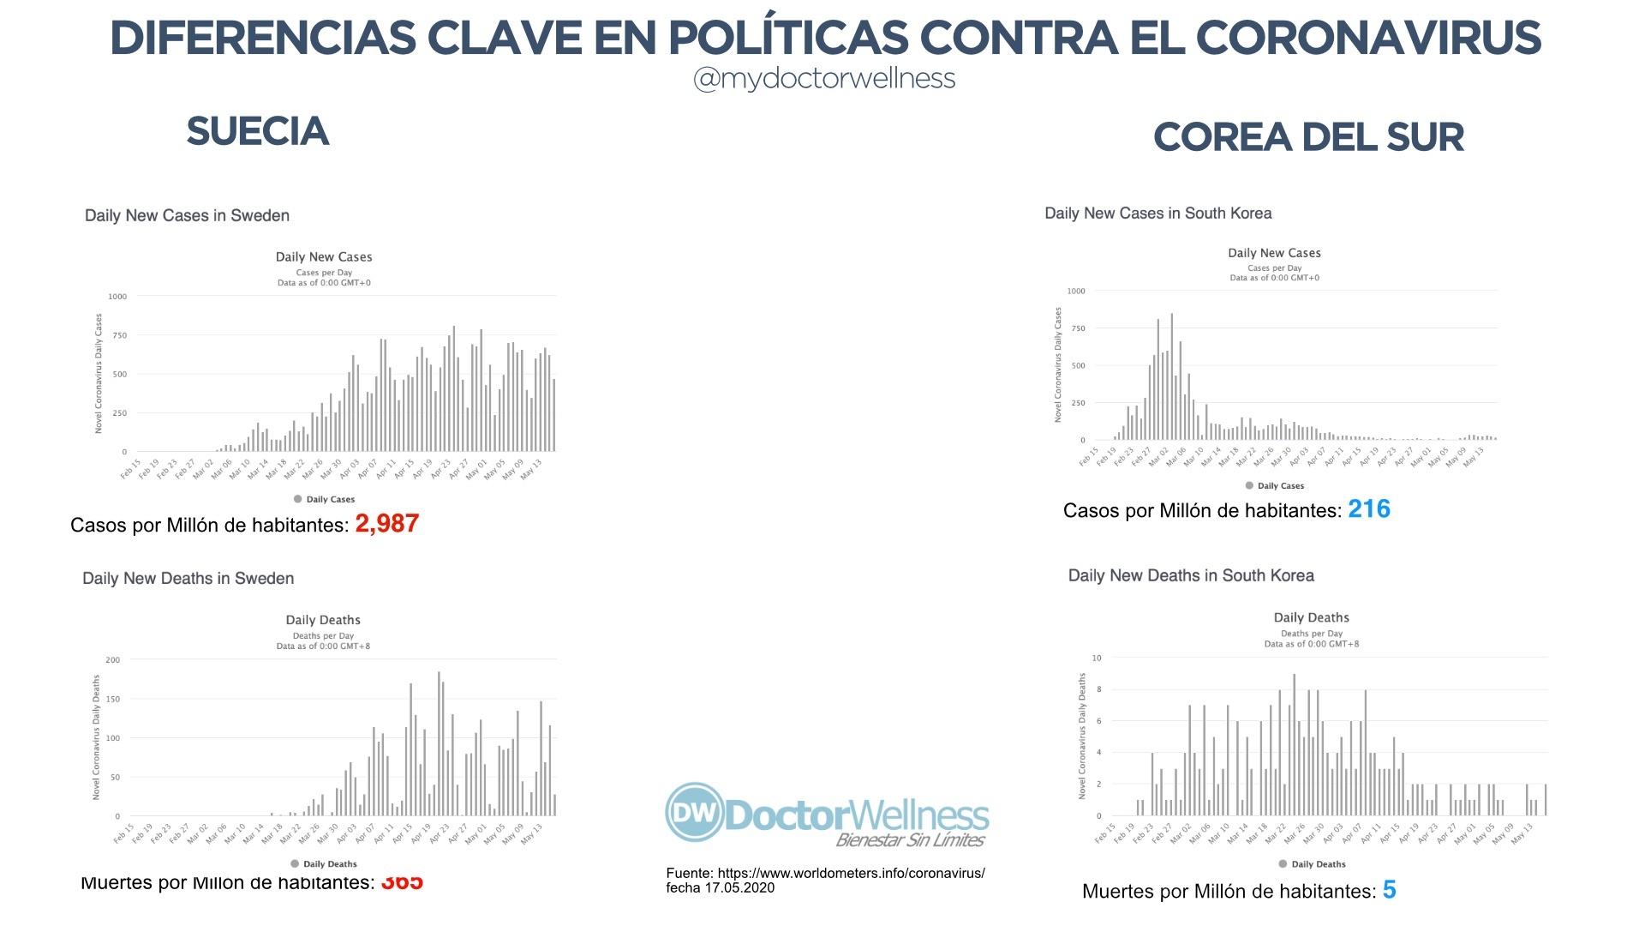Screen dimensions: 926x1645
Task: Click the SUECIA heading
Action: click(257, 131)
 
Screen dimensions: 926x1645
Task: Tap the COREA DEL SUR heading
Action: click(1308, 137)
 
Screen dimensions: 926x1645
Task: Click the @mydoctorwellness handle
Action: click(823, 79)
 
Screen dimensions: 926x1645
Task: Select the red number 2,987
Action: click(386, 523)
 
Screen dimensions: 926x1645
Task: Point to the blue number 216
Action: click(1368, 509)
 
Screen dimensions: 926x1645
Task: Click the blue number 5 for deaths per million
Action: click(1389, 890)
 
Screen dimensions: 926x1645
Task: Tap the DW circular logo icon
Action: click(695, 812)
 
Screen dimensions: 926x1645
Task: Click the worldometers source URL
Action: click(851, 873)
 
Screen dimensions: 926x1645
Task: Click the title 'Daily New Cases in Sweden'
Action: click(187, 215)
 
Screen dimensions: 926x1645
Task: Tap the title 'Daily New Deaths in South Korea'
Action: click(1191, 575)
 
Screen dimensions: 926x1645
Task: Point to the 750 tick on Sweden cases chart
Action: click(119, 335)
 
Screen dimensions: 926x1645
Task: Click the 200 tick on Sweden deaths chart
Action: click(113, 660)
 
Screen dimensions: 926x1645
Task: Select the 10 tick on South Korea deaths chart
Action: click(1097, 658)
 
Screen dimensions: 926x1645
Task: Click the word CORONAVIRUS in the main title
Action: click(1367, 38)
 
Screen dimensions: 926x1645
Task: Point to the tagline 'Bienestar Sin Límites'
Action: click(910, 840)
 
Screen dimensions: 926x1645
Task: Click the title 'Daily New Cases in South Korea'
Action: click(1157, 213)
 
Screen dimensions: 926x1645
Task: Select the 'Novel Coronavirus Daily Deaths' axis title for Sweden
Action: click(96, 737)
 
